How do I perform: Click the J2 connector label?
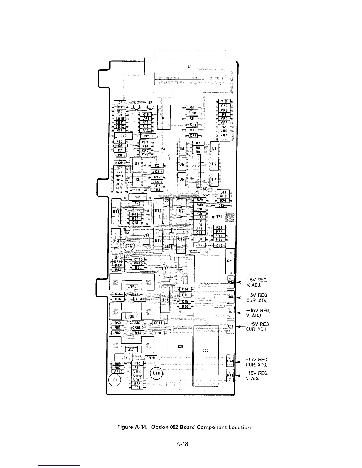189,66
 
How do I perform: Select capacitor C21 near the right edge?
230,261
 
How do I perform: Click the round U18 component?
156,373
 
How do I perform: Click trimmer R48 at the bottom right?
230,375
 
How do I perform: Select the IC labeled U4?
182,148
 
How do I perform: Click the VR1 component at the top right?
224,101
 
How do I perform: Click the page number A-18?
182,444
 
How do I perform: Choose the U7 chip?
137,163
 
